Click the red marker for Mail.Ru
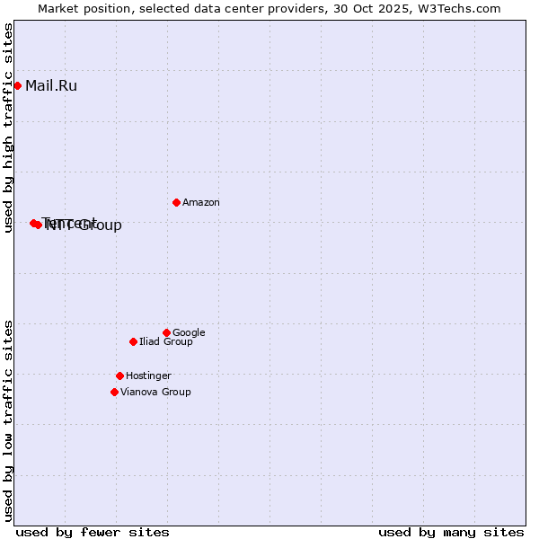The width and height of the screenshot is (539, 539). click(17, 86)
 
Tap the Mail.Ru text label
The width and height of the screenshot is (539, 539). click(51, 86)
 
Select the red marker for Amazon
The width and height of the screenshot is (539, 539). click(176, 202)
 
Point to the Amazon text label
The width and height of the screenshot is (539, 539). click(201, 203)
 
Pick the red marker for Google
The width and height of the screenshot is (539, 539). click(166, 332)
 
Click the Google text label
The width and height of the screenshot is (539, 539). click(189, 333)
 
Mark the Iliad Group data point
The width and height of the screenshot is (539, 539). click(133, 341)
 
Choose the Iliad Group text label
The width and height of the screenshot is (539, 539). click(166, 342)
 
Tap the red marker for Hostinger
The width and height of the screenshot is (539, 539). click(119, 376)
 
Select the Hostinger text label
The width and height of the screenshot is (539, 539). click(148, 376)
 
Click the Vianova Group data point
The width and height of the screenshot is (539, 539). click(114, 392)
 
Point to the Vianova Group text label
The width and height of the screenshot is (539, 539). click(155, 393)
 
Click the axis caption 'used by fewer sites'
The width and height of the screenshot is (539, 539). click(93, 532)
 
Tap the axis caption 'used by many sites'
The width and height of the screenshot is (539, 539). click(451, 532)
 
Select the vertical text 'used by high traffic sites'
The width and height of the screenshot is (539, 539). click(8, 128)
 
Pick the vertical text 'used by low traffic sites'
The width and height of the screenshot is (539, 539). click(8, 420)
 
